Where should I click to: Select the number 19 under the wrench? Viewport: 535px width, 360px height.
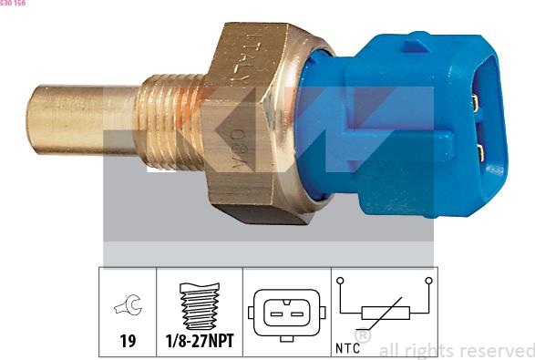[x=128, y=341]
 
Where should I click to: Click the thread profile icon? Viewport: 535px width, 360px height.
[x=199, y=306]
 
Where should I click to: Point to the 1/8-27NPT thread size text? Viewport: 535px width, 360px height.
[x=200, y=341]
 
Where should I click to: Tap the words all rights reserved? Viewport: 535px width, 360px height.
[x=456, y=350]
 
